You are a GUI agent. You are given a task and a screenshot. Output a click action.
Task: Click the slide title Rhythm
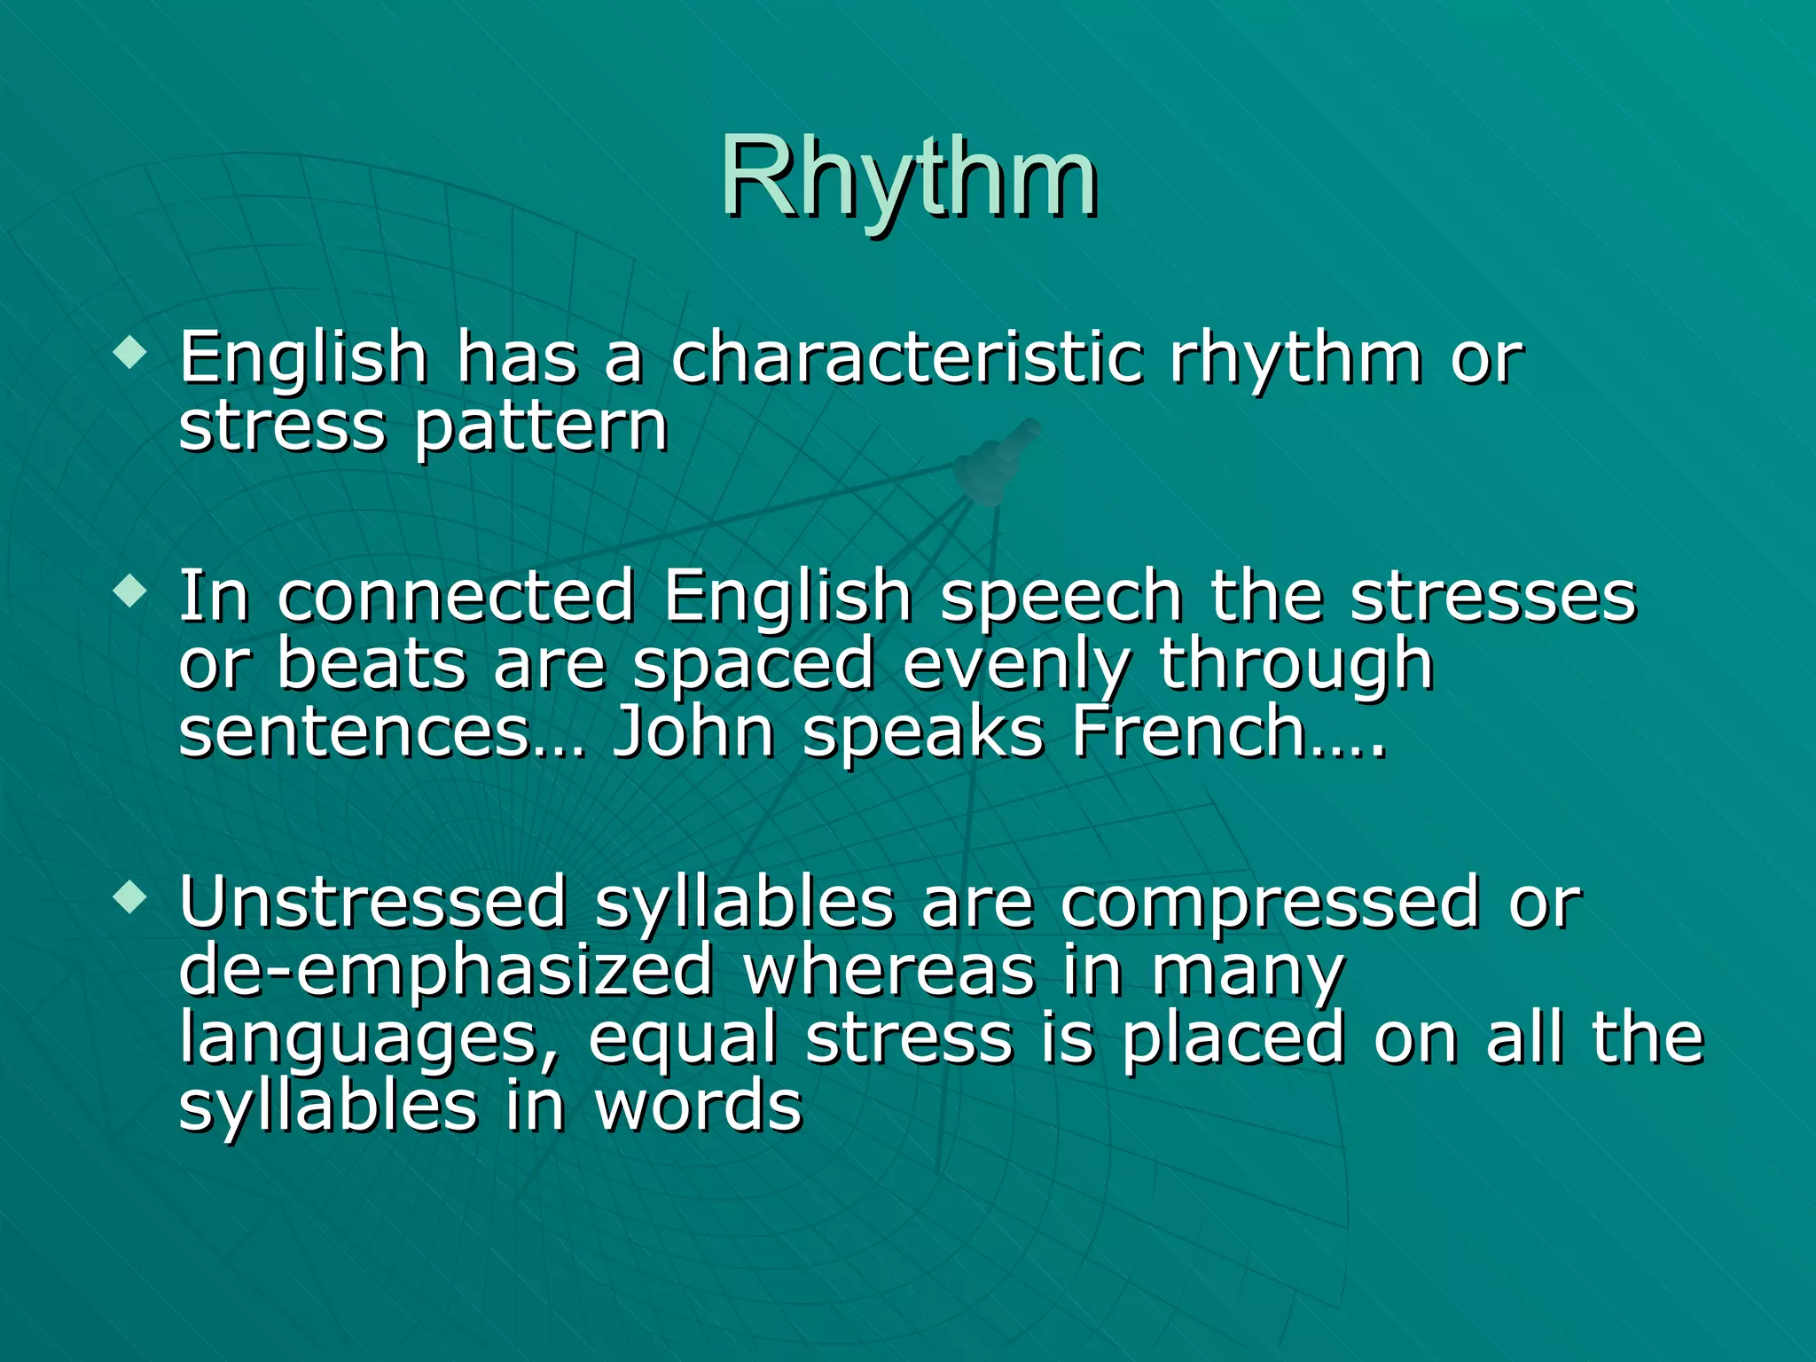click(908, 177)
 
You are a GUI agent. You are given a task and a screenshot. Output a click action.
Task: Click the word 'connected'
click(456, 596)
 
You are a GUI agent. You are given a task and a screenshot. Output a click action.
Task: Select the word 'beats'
click(372, 665)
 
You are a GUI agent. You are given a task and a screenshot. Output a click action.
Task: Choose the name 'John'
click(693, 732)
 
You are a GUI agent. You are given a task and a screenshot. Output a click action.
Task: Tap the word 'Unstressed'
click(372, 903)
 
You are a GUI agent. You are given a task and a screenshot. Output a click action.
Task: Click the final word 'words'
click(699, 1107)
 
